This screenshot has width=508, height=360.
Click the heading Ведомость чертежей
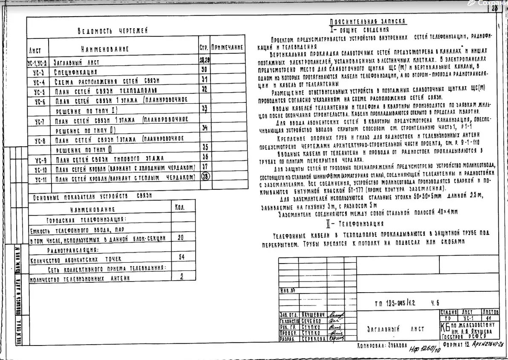coord(113,31)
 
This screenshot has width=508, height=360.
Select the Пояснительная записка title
coord(367,22)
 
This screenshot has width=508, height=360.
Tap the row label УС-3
coord(39,72)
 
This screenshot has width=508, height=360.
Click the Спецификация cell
coord(76,72)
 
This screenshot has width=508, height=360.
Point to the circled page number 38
coord(205,177)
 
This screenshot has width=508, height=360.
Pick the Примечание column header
coord(227,48)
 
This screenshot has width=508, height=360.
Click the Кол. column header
coord(180,208)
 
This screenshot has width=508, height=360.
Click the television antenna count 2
coord(182,276)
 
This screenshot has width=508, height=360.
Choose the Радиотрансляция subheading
coord(72,250)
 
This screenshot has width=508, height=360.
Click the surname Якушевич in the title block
coord(313,314)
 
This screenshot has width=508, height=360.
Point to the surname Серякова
coord(313,338)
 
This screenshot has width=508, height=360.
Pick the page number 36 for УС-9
coord(205,157)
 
